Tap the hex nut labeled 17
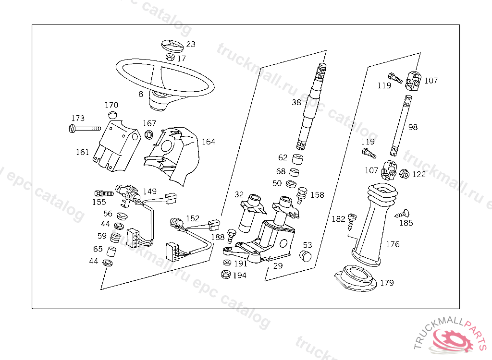coord(170,57)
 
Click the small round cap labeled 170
coord(113,115)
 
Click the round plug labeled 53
coord(305,255)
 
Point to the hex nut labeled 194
coord(225,275)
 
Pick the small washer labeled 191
coord(226,263)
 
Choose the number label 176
coord(393,244)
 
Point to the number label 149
coord(149,191)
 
